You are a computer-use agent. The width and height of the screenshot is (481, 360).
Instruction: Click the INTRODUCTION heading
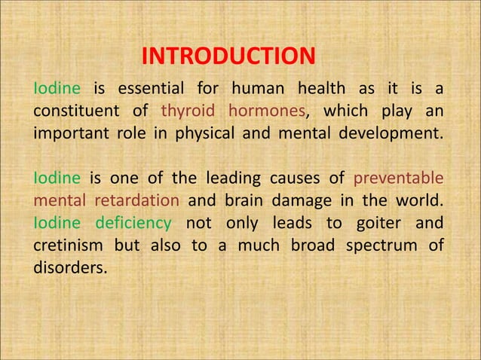[228, 56]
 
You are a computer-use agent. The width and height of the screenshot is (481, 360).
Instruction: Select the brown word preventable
[397, 179]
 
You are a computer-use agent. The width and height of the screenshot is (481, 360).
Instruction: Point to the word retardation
[137, 201]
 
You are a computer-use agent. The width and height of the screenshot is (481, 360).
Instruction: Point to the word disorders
[66, 267]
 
